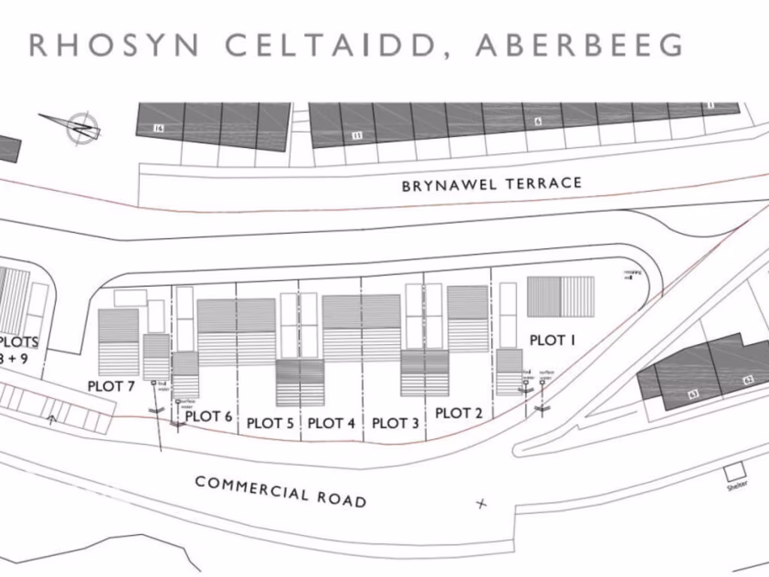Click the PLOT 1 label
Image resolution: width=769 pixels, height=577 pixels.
pyautogui.click(x=552, y=340)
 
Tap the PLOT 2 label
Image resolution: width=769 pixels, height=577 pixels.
pyautogui.click(x=459, y=412)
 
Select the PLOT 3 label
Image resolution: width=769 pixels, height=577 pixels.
pyautogui.click(x=396, y=423)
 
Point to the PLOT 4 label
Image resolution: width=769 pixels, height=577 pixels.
pyautogui.click(x=331, y=423)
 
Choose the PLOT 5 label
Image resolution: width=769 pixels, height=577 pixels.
pyautogui.click(x=270, y=424)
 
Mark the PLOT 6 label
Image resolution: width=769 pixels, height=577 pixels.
pyautogui.click(x=209, y=416)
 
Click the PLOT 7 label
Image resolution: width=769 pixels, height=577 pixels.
pyautogui.click(x=111, y=386)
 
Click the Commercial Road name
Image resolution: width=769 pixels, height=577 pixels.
pyautogui.click(x=281, y=491)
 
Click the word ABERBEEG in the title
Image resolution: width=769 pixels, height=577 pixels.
pyautogui.click(x=579, y=45)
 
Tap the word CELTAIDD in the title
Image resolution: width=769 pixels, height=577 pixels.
pyautogui.click(x=330, y=45)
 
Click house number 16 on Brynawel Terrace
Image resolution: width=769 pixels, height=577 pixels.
pyautogui.click(x=158, y=128)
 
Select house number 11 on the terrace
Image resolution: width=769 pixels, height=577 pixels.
pyautogui.click(x=357, y=135)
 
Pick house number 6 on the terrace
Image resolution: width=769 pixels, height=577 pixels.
pyautogui.click(x=538, y=121)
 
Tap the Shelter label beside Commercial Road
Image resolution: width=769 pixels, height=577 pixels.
pyautogui.click(x=736, y=485)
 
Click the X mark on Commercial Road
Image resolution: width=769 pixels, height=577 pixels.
pyautogui.click(x=481, y=503)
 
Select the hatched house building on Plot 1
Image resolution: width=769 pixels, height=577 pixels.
pyautogui.click(x=560, y=297)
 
